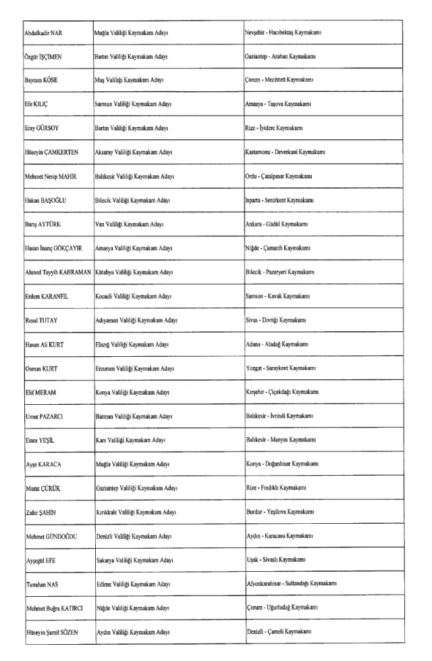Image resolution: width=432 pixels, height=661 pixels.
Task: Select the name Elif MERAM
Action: tap(36, 393)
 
